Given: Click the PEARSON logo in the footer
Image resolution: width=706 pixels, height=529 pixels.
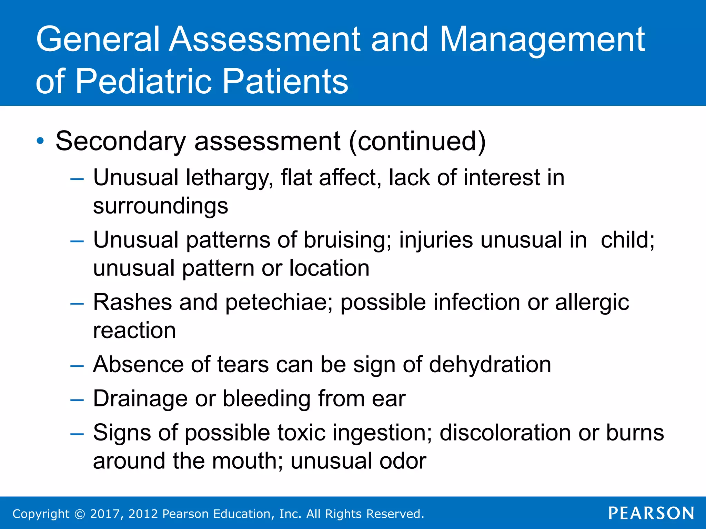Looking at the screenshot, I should tap(651, 513).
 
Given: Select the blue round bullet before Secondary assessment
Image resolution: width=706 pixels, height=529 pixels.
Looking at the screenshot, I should tap(40, 141).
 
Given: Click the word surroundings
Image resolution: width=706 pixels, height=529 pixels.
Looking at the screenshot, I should tap(160, 206).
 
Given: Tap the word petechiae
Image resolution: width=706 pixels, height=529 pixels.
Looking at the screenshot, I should tap(279, 303).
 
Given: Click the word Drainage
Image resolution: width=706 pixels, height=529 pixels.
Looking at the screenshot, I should tap(140, 399).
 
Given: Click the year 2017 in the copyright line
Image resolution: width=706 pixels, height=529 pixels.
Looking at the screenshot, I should tap(105, 514).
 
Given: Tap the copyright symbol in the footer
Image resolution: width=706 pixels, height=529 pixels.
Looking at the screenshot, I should tap(80, 514).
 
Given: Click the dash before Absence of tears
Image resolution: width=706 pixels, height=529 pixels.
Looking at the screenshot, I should tap(77, 366).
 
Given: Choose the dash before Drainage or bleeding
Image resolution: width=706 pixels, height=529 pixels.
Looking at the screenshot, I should tap(77, 400).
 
